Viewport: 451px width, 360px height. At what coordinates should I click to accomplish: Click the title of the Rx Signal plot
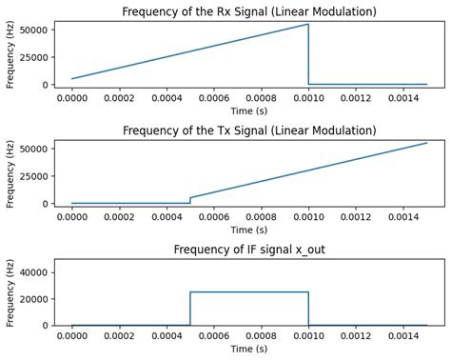click(250, 11)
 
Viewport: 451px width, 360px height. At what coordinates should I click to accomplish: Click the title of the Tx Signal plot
click(250, 130)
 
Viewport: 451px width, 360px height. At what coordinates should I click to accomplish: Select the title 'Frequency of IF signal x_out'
click(250, 250)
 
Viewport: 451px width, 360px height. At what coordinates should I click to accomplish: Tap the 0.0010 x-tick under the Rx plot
click(308, 96)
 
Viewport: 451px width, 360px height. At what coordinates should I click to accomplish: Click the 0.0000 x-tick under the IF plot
click(71, 334)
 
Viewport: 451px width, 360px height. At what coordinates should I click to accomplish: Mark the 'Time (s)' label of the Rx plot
click(250, 110)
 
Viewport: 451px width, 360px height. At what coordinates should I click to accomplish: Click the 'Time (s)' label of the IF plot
click(250, 349)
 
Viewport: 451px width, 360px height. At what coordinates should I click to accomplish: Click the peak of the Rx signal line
click(308, 25)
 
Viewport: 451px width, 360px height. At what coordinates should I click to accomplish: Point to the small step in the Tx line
click(190, 200)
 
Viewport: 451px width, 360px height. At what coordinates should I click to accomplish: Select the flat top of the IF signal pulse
click(249, 292)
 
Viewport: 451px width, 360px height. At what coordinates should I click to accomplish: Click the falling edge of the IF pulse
click(308, 309)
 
